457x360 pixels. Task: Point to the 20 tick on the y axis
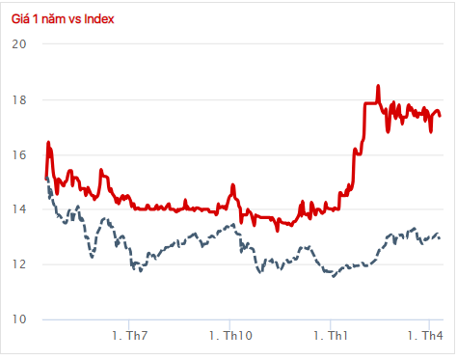pos(19,44)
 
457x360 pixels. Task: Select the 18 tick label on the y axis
pos(19,99)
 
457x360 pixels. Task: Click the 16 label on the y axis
pos(19,154)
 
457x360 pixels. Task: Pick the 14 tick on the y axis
pos(19,209)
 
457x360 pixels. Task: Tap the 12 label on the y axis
pos(19,264)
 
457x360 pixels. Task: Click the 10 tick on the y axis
pos(19,319)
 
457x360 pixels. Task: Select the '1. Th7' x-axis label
pos(130,336)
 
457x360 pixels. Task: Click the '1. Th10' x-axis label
pos(229,336)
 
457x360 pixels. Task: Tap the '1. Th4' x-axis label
pos(425,336)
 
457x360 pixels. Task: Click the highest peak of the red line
pos(378,86)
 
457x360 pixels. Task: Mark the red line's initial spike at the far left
pos(48,143)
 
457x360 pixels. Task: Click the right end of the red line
pos(441,115)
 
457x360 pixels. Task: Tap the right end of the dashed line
pos(441,238)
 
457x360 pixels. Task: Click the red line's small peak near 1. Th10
pos(232,184)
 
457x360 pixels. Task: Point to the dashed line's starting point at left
pos(46,178)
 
